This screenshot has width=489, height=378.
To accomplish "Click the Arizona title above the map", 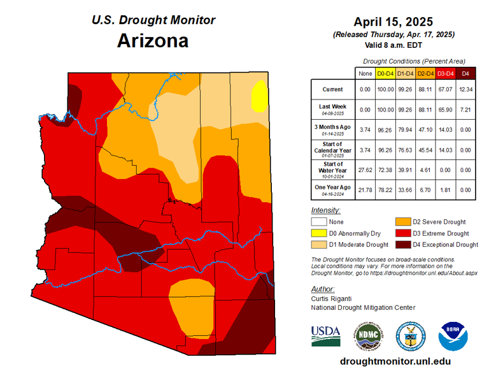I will pos(153,41).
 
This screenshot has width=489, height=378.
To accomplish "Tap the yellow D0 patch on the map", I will pos(259,96).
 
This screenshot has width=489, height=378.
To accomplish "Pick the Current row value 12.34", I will pos(465,89).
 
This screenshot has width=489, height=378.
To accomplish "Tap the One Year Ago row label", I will pos(332,189).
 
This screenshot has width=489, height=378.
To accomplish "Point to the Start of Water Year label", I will pos(332,168).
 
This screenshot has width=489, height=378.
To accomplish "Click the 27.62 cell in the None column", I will pos(365,169).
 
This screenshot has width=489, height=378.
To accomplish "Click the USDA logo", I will pos(325,335).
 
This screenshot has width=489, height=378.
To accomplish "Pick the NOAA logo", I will pos(453,335).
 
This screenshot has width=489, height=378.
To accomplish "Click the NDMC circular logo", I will pos(367,335).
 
